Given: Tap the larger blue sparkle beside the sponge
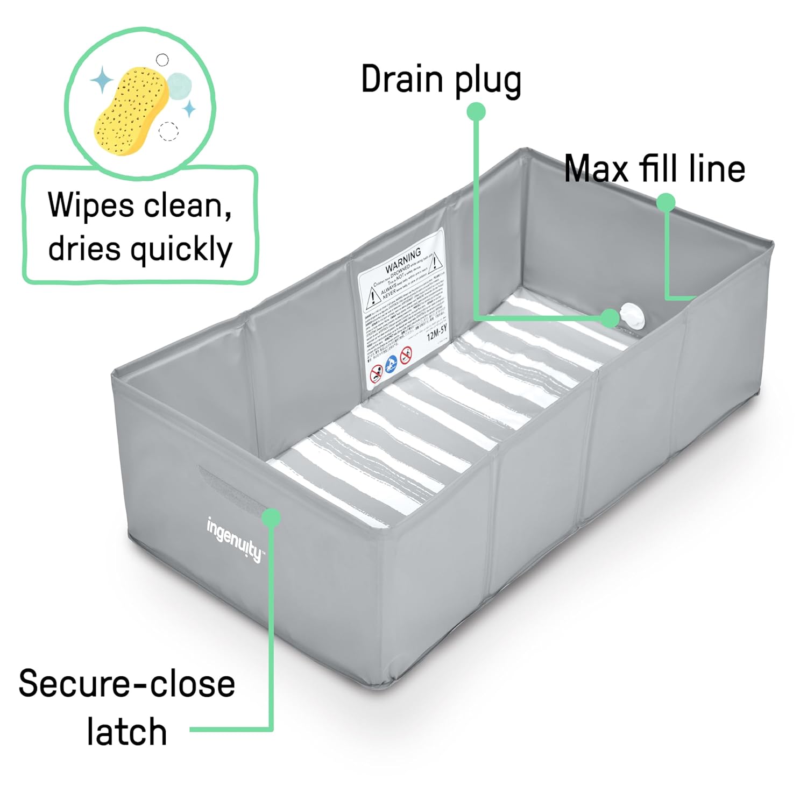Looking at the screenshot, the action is pos(102,81).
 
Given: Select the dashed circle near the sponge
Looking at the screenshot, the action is pos(168,130).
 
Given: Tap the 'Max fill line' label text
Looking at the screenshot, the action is pos(654,168).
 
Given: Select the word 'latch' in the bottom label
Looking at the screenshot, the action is pos(127,732).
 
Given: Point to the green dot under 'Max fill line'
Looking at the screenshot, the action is pos(666,202).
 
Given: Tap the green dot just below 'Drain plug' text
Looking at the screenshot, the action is pos(476,111).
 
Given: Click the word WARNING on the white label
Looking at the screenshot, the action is pos(403,259).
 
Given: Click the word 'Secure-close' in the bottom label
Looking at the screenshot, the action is pos(127,684).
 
